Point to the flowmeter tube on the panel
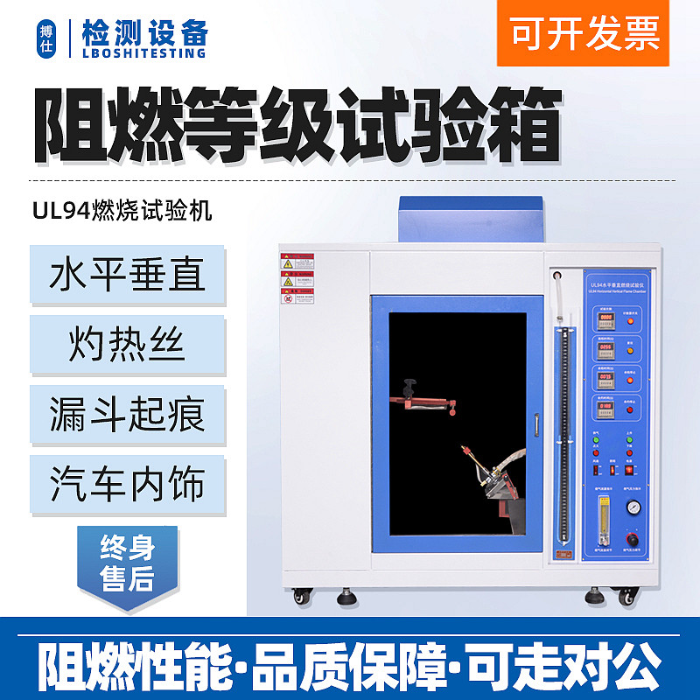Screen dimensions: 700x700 [602, 515]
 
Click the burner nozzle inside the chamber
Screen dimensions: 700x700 [468, 456]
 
